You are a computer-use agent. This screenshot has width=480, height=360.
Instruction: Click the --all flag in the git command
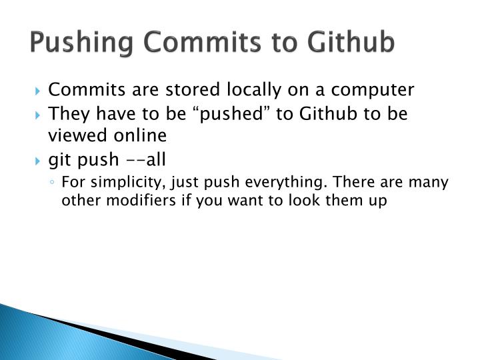[x=145, y=160]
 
